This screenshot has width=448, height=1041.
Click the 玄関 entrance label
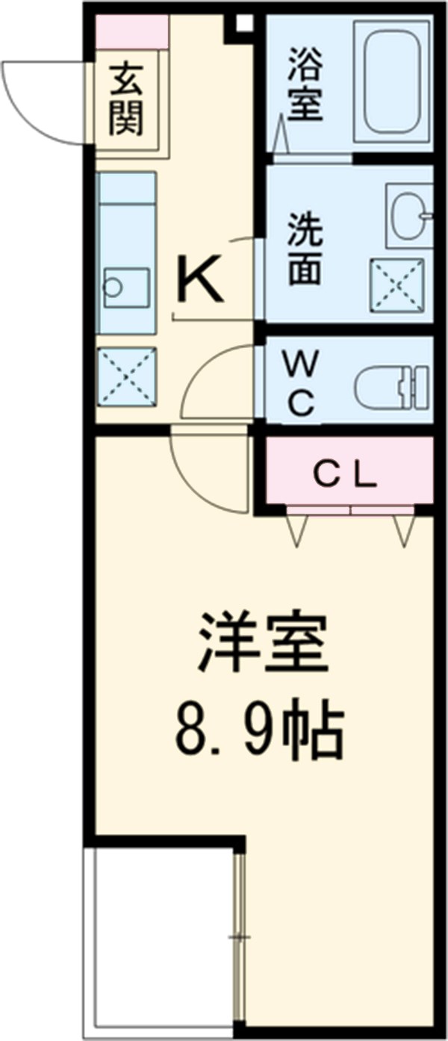coord(126,100)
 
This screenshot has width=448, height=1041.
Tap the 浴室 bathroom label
coord(305,84)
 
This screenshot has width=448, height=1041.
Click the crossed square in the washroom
coord(396,285)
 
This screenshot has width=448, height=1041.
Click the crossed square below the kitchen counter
coord(126,377)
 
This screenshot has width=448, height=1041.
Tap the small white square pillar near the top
coord(243,22)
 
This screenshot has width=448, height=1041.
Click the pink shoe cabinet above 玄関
coord(132,31)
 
